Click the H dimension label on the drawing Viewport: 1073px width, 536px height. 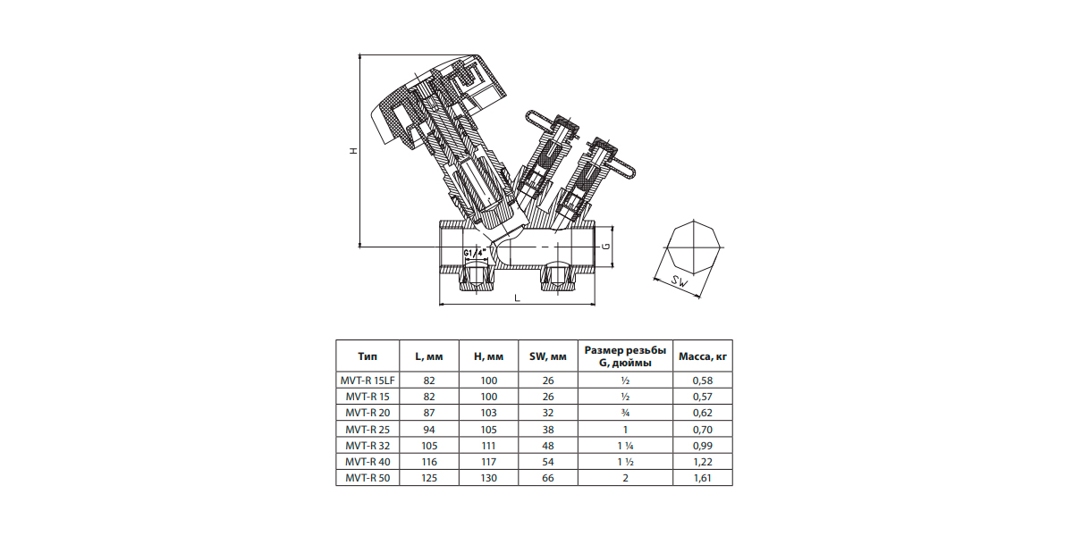click(x=354, y=151)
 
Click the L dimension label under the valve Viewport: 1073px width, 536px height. click(x=517, y=298)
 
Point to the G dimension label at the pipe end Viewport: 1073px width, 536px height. click(x=606, y=247)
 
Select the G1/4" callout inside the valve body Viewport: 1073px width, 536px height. click(x=475, y=253)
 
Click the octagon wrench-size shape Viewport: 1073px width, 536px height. click(x=694, y=247)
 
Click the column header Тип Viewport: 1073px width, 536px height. click(x=368, y=356)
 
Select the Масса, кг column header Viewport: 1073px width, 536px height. click(x=703, y=356)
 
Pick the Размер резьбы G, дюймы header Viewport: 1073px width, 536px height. click(x=625, y=356)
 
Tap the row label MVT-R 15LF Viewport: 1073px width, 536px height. click(x=368, y=381)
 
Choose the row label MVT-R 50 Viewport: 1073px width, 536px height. click(x=368, y=478)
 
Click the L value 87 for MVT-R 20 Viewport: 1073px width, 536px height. click(x=429, y=413)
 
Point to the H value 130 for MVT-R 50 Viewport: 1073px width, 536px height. click(x=488, y=478)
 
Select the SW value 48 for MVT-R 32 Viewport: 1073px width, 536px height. click(x=548, y=446)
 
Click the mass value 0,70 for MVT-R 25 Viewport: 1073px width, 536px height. click(x=703, y=430)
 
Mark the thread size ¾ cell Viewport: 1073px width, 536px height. click(x=625, y=413)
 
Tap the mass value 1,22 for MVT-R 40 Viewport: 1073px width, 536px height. click(x=703, y=462)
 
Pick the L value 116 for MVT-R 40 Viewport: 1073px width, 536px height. click(x=429, y=462)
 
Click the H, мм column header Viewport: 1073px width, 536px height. click(x=488, y=356)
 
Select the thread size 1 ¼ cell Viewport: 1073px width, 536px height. click(x=625, y=446)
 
